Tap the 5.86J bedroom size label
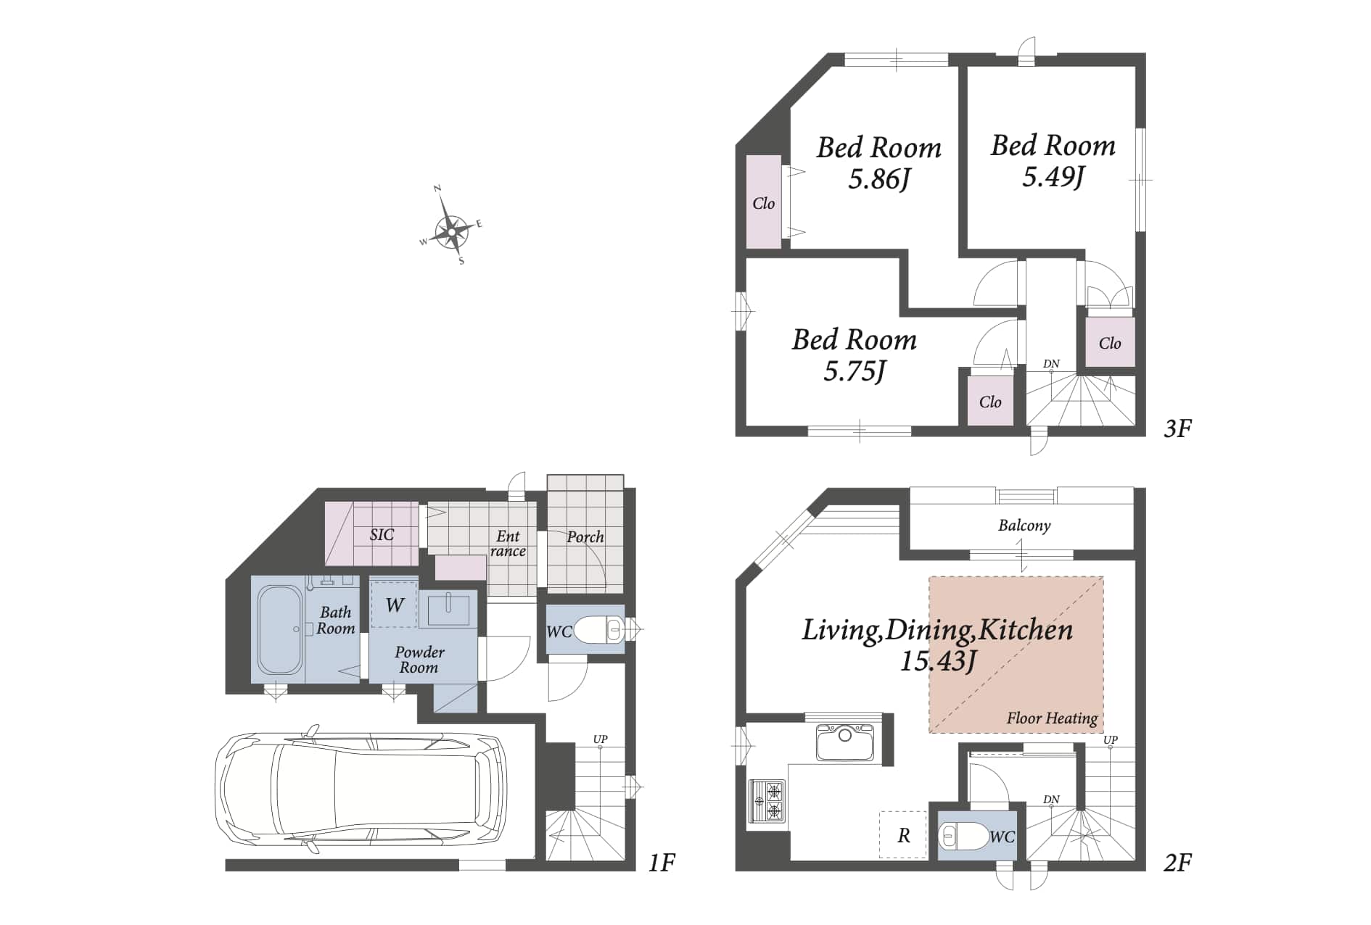[879, 179]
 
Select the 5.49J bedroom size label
[1053, 176]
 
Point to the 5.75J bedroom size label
[855, 371]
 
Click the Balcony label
[1024, 526]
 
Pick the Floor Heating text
[1052, 718]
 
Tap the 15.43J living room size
[939, 661]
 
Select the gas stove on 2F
[767, 800]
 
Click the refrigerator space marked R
[903, 835]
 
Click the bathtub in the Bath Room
[280, 630]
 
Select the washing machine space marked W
[394, 604]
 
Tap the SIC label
[382, 535]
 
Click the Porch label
[585, 536]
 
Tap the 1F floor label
[662, 863]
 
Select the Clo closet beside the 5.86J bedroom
[764, 202]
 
